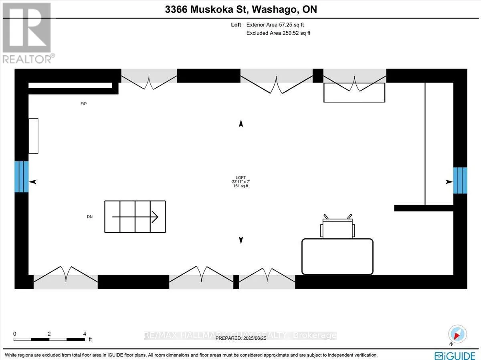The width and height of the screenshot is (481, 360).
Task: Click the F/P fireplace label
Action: point(83,104)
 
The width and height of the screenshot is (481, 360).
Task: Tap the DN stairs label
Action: point(90,217)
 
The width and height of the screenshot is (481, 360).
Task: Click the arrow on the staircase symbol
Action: point(135,217)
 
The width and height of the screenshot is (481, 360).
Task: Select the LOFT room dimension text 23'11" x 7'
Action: point(241,182)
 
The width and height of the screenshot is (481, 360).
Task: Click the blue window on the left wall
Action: point(22,177)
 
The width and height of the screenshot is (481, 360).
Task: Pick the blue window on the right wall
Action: point(460,181)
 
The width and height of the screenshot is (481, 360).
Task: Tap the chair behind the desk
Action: point(338,227)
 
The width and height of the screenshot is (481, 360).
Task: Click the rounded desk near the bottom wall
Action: point(337,257)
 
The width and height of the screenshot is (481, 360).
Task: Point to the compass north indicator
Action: point(457,334)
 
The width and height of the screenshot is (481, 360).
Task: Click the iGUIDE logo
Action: point(455,356)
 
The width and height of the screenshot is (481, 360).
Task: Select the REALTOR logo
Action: point(28,33)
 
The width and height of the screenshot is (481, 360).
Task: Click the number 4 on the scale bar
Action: point(85,334)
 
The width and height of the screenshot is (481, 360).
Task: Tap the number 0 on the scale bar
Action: point(15,334)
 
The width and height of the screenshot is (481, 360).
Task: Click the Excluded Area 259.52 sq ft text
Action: point(278,33)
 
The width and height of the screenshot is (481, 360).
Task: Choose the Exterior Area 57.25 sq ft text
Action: point(275,25)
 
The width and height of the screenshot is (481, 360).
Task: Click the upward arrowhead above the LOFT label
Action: point(241,123)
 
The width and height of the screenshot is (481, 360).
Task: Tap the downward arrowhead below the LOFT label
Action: point(241,240)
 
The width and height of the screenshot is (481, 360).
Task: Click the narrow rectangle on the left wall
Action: point(33,136)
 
